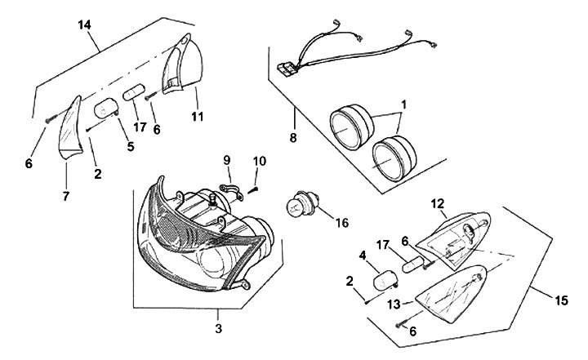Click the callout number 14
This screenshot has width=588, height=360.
coord(84,26)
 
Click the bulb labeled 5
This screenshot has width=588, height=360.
coord(107,108)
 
